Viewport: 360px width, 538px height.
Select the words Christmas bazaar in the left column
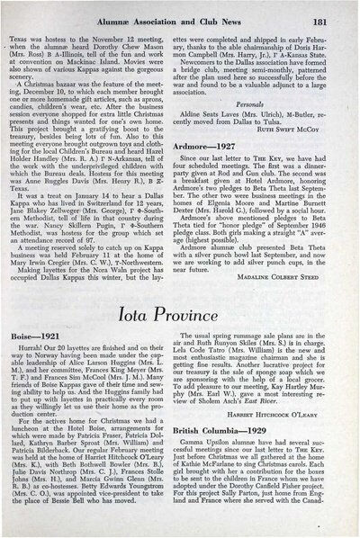point(75,81)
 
